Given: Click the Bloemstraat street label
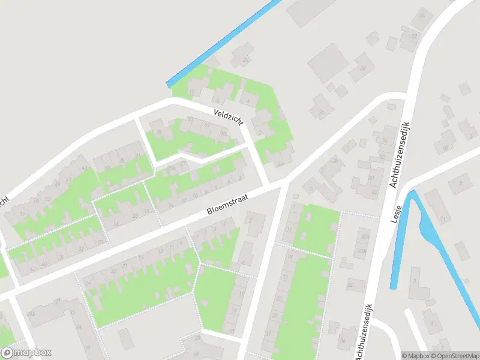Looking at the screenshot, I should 227,203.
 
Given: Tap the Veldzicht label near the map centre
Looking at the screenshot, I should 229,116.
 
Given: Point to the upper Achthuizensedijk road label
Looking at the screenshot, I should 405,153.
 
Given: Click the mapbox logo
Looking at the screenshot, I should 26,353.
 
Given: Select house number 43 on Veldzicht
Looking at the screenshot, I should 85,169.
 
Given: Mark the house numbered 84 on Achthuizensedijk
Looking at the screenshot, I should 343,340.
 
